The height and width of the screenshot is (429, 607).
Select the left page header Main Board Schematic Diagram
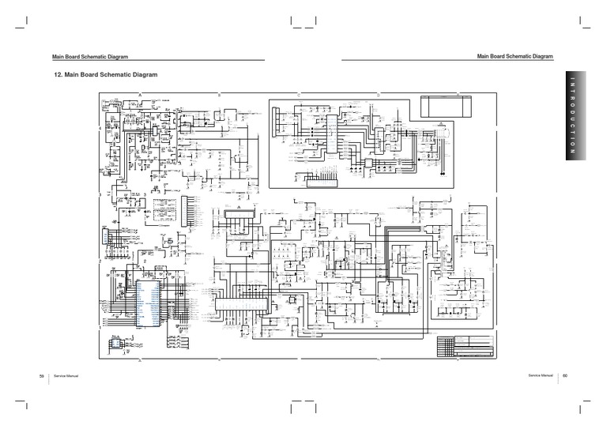[x=89, y=57]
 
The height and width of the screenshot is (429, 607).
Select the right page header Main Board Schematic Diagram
[x=515, y=56]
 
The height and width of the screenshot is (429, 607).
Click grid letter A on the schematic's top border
[x=140, y=94]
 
